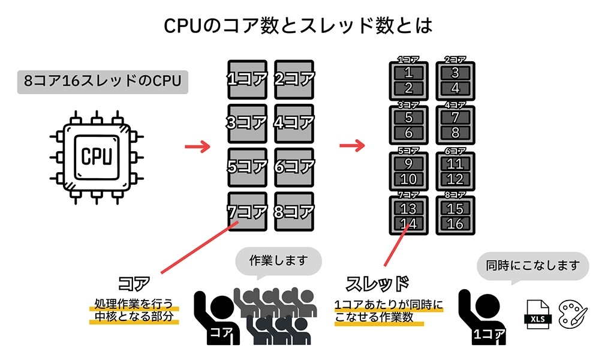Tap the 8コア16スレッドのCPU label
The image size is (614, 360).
103,80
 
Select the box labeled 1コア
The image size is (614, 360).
247,79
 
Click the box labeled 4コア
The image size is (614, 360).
294,123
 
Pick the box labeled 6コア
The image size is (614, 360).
294,167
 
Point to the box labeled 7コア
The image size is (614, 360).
247,211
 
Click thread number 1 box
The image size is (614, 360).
409,73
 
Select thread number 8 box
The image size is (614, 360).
455,133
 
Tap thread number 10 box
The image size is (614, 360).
409,178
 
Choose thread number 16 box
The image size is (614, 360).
455,223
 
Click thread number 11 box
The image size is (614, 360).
455,164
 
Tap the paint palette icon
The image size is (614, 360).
573,314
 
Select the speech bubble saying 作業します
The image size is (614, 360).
278,262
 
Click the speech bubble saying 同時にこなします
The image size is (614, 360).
533,265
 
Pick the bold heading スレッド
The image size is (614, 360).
378,283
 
